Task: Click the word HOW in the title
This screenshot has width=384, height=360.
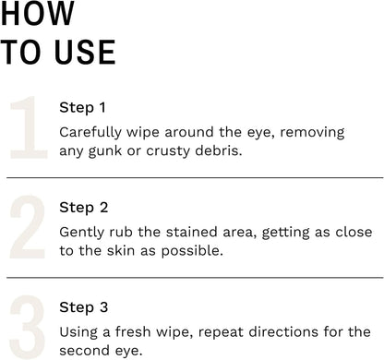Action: click(x=38, y=13)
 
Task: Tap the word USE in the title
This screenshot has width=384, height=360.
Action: click(x=85, y=52)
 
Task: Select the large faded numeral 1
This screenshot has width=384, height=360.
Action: click(x=29, y=127)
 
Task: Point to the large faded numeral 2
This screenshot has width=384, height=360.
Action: click(x=28, y=227)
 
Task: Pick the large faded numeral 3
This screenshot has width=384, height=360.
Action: click(x=28, y=327)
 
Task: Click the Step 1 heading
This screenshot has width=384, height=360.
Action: click(x=82, y=108)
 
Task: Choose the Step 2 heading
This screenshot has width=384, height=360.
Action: click(x=84, y=208)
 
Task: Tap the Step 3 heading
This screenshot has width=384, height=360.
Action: click(x=84, y=307)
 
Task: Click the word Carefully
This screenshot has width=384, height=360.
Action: click(x=90, y=133)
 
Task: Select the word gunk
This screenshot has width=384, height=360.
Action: click(x=105, y=151)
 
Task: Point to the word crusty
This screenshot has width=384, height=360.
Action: click(x=168, y=151)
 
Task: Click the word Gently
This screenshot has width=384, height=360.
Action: click(x=82, y=233)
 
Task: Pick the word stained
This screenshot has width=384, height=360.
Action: click(x=192, y=232)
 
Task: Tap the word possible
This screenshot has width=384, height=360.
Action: click(x=192, y=251)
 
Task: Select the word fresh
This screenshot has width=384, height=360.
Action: click(x=133, y=331)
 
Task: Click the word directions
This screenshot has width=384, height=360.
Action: click(x=283, y=331)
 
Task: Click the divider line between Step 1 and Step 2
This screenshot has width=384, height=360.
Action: click(x=195, y=177)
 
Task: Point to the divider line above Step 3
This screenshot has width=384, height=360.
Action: click(x=195, y=278)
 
